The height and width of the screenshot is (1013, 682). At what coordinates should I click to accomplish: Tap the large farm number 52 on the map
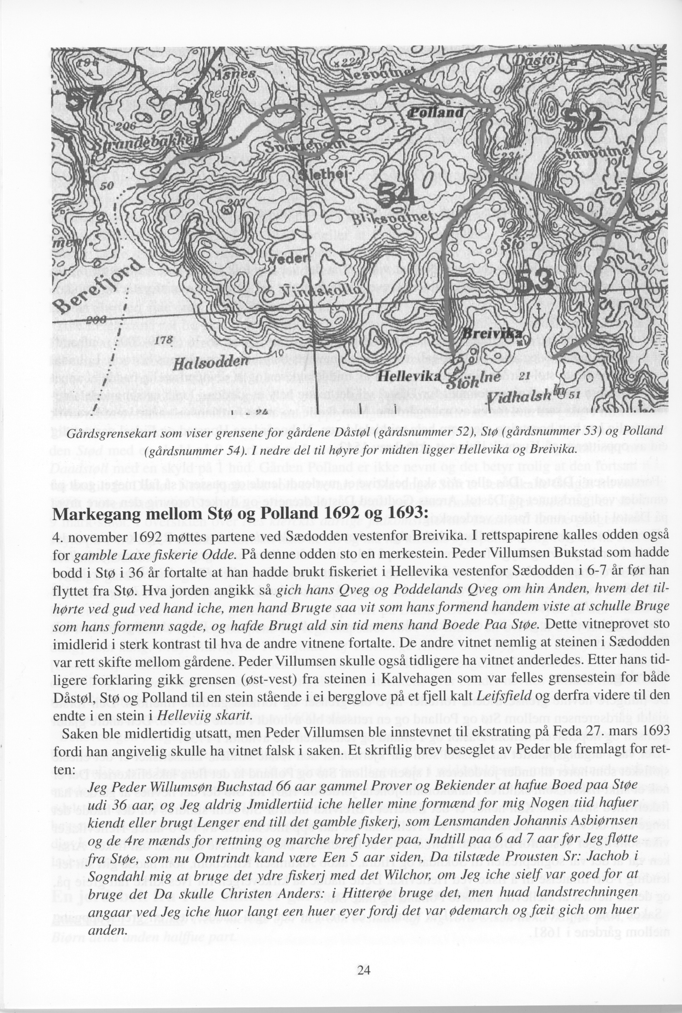click(588, 119)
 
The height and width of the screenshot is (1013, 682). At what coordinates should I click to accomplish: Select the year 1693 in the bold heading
click(402, 513)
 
